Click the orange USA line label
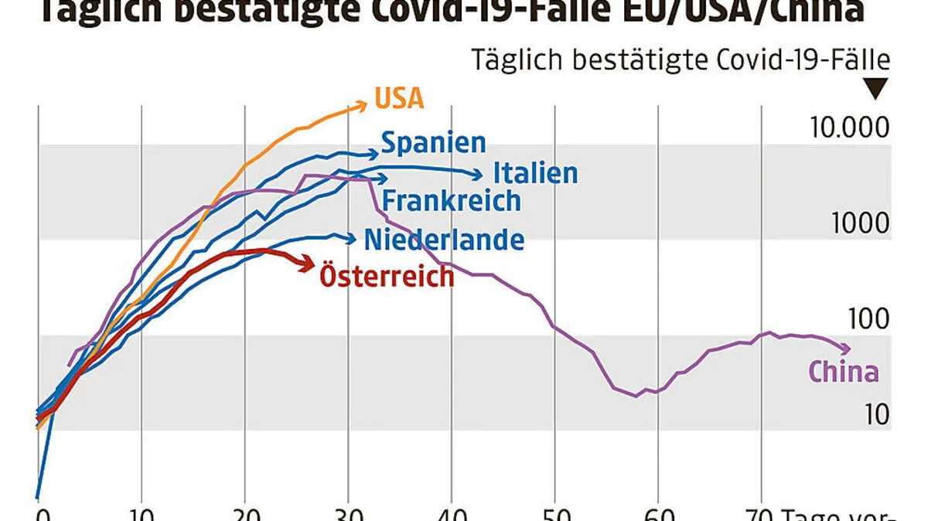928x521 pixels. (399, 99)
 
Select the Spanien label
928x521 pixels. (434, 143)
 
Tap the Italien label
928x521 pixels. (535, 173)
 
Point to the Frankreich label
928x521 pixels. (452, 201)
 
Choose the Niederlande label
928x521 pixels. (444, 240)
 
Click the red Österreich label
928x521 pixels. (387, 276)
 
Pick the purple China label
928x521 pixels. (844, 372)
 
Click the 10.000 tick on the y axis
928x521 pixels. (849, 128)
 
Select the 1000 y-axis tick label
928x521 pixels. (860, 223)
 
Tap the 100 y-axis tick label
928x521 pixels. (866, 319)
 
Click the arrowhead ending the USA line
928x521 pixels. (363, 104)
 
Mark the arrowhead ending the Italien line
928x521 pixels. (479, 175)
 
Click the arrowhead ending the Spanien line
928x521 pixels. (373, 153)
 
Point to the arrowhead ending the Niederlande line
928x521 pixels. (351, 238)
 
